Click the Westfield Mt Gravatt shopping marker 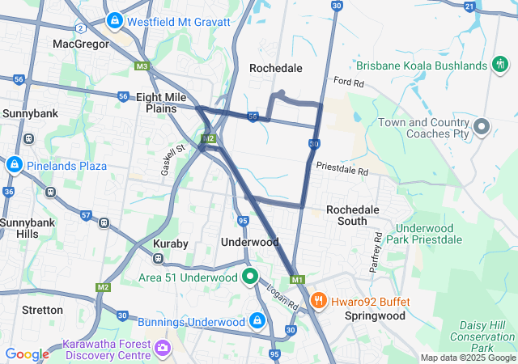pos(114,19)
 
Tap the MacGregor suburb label pos(80,44)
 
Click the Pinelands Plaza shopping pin pos(14,165)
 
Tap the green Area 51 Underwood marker pos(251,277)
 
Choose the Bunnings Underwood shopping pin pos(257,321)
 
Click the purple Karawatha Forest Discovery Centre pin pos(163,348)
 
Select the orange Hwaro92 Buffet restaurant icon pos(319,301)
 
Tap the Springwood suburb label pos(374,315)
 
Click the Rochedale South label pos(352,215)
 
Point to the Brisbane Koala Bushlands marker pos(500,65)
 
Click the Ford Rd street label pos(349,83)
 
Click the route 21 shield pos(469,6)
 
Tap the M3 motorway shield pos(142,66)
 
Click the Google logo pos(27,354)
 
